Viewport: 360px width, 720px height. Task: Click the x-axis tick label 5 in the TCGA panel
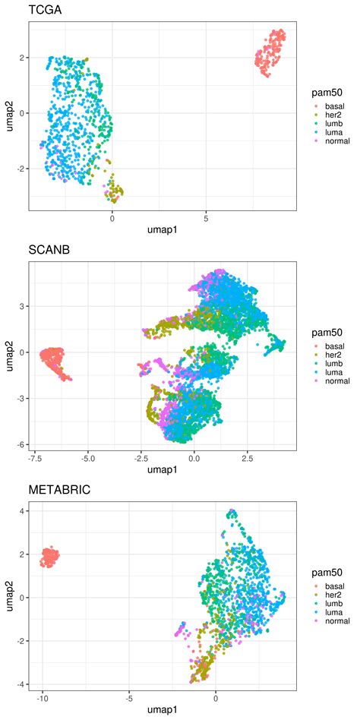point(206,219)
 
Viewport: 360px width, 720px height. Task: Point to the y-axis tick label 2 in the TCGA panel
point(21,58)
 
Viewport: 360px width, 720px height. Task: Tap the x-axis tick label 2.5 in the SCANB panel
point(248,459)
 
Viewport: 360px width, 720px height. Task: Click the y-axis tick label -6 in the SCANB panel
point(19,444)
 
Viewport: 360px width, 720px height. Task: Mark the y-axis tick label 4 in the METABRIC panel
point(21,511)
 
